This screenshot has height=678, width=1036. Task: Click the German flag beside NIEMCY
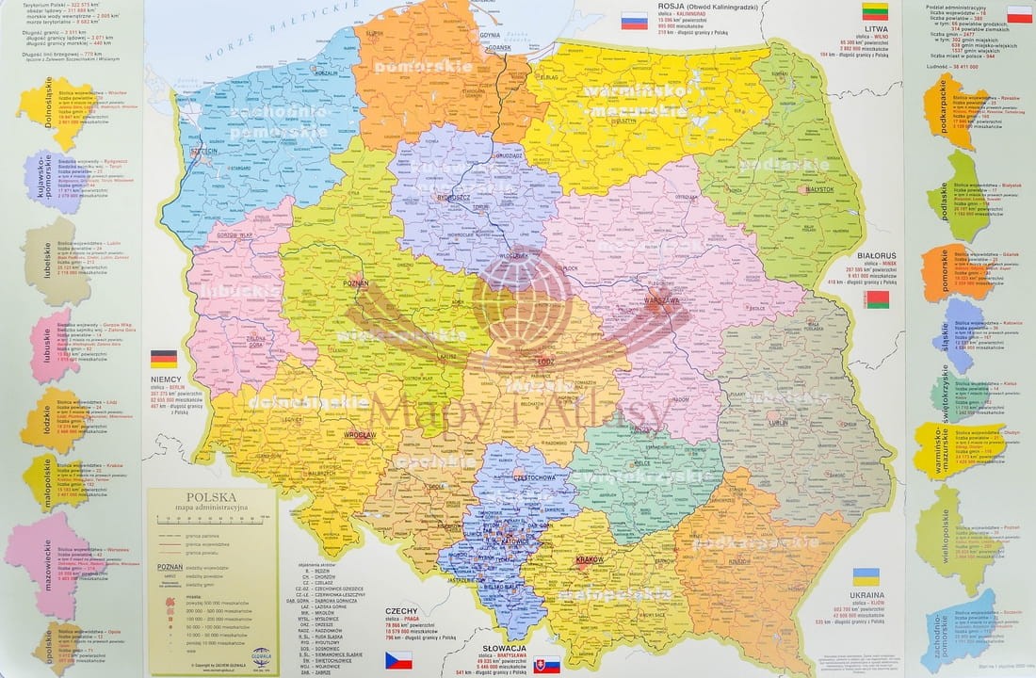tap(164, 359)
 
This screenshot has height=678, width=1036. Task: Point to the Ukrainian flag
tap(866, 575)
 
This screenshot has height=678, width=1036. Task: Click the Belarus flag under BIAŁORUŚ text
tap(877, 300)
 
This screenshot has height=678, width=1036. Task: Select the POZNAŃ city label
tap(355, 282)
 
